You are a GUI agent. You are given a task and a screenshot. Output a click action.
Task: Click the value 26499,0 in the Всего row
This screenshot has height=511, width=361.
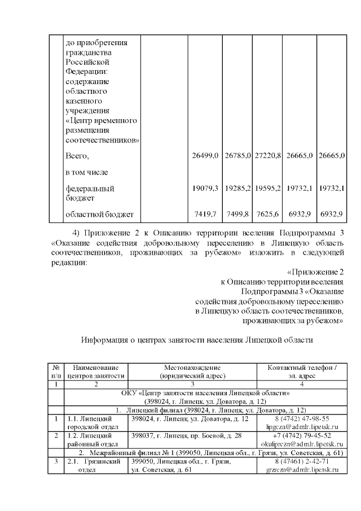coord(206,155)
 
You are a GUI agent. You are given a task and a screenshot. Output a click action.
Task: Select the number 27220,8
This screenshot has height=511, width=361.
coord(268,155)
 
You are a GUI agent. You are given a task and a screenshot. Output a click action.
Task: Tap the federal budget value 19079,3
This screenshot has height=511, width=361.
coord(206,188)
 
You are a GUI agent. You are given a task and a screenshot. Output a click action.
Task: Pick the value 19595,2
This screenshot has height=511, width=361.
coord(268,188)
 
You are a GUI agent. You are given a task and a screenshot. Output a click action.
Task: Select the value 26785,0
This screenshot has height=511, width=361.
coord(237,155)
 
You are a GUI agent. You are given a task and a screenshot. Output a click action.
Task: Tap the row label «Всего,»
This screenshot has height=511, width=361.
coord(78,155)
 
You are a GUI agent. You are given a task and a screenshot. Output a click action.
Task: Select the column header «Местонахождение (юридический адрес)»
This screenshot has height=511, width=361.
coord(192,371)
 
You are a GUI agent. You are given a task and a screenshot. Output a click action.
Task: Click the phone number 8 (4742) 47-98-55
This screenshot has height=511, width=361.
coord(302,419)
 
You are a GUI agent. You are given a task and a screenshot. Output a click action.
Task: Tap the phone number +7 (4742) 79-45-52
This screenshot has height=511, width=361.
coord(302,436)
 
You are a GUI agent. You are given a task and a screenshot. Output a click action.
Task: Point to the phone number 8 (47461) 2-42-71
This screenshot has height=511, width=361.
coord(302,461)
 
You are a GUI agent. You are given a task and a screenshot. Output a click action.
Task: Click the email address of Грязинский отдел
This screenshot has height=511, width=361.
coord(302,470)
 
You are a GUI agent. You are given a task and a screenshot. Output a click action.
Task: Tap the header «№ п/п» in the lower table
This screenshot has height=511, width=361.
coord(56,371)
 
